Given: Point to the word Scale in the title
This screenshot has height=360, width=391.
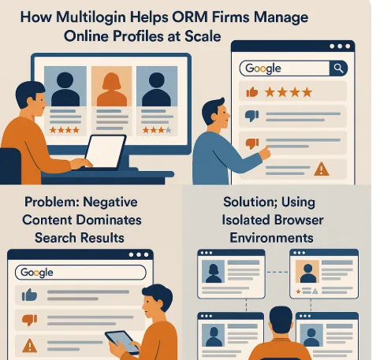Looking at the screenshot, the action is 203,36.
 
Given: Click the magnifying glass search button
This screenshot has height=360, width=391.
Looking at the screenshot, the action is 338,69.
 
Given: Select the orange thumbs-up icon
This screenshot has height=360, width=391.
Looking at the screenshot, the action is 252,92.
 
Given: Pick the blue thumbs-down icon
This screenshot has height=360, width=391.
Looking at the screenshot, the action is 251,116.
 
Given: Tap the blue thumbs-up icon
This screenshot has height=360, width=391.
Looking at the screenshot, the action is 29,295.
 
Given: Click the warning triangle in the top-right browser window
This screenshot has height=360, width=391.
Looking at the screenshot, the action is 322,169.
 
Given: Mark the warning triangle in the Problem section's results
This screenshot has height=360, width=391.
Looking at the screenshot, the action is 30,345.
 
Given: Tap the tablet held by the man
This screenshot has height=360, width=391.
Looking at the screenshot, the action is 122,342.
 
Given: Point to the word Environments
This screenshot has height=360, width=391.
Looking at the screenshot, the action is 271,238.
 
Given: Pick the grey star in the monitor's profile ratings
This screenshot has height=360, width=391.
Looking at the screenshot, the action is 169,130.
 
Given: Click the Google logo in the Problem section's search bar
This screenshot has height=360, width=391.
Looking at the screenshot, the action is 37,273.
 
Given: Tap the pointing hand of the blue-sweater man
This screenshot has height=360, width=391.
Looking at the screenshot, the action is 265,152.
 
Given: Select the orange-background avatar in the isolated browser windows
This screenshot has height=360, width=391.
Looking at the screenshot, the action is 307,272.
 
